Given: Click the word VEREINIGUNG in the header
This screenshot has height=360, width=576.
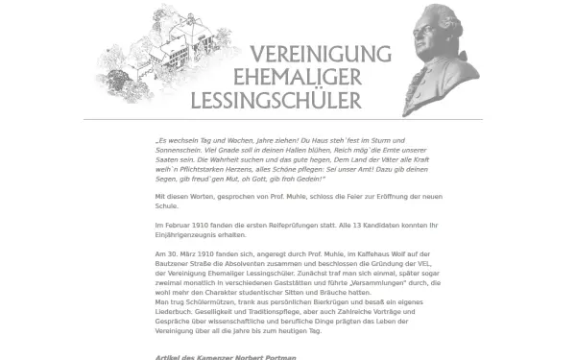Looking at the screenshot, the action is pyautogui.click(x=319, y=56).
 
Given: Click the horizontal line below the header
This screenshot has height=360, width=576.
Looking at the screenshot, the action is pyautogui.click(x=288, y=119).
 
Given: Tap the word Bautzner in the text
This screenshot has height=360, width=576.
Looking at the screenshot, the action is pyautogui.click(x=173, y=263).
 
